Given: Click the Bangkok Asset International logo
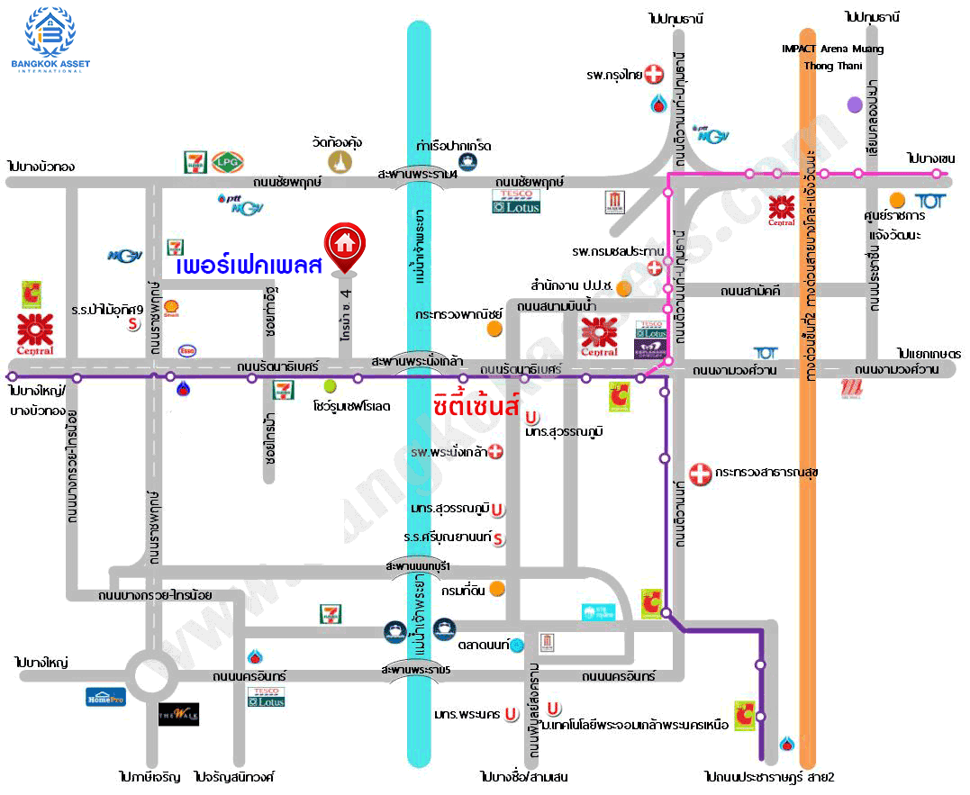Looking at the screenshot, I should (x=50, y=39).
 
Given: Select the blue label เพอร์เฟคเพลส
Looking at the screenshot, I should (x=249, y=267).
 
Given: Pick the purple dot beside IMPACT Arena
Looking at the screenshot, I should (x=855, y=104).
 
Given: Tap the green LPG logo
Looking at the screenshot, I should (x=225, y=162).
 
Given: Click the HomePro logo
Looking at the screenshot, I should (x=105, y=696).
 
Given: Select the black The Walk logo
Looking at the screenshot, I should (x=178, y=715).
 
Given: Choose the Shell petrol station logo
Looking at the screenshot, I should (x=171, y=309).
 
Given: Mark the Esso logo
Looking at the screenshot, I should (x=187, y=350).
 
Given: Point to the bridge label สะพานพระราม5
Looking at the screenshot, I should (x=415, y=671).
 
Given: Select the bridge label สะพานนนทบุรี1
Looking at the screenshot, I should (x=417, y=565).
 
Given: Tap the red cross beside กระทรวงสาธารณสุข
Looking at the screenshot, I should (x=700, y=472).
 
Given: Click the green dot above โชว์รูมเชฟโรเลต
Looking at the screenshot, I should (x=331, y=386).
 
